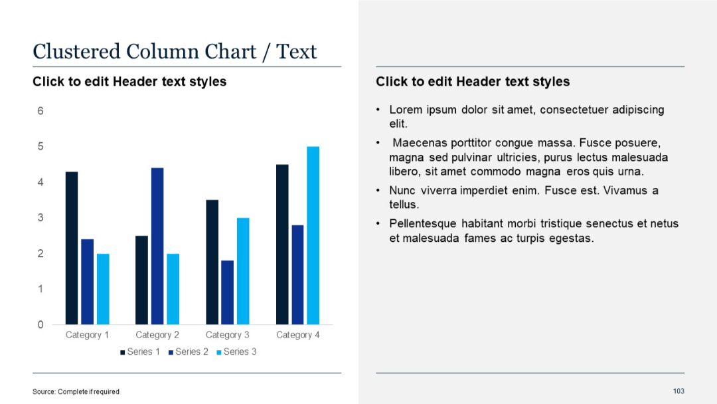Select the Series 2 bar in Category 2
157,246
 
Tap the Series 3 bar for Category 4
313,235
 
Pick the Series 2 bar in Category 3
227,292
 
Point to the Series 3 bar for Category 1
103,289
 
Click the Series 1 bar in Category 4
282,244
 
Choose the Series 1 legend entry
140,352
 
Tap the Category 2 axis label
157,335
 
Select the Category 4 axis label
298,335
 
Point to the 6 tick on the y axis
40,111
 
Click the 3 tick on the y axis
40,218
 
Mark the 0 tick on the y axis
40,325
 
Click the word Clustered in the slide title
76,51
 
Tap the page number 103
678,391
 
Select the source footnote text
76,391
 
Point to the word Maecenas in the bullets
418,143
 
